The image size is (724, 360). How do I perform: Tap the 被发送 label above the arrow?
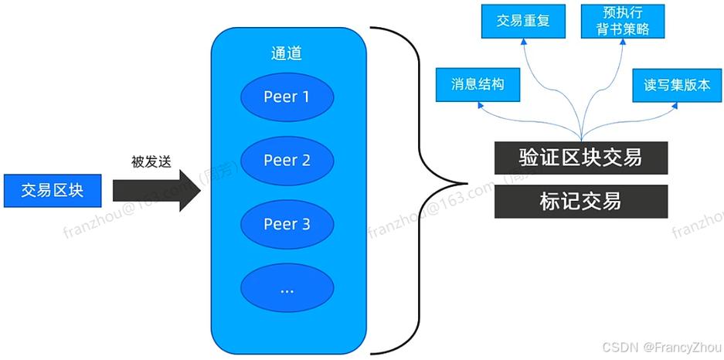(x=151, y=162)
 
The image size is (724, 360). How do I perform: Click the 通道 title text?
(x=286, y=53)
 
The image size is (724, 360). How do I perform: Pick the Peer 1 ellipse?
(x=287, y=97)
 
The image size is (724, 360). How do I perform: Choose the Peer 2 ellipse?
(x=287, y=161)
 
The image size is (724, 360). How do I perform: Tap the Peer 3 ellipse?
(x=287, y=224)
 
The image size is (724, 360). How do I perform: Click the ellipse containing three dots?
(x=287, y=290)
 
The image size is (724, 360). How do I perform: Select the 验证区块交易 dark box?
(x=580, y=158)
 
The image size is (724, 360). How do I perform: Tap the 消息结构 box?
(x=478, y=84)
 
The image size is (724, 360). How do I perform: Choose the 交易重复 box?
(x=523, y=21)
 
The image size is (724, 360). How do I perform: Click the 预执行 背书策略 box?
(x=622, y=21)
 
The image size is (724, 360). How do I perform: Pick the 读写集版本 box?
(x=677, y=84)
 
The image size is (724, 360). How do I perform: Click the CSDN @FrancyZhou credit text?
(x=661, y=348)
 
